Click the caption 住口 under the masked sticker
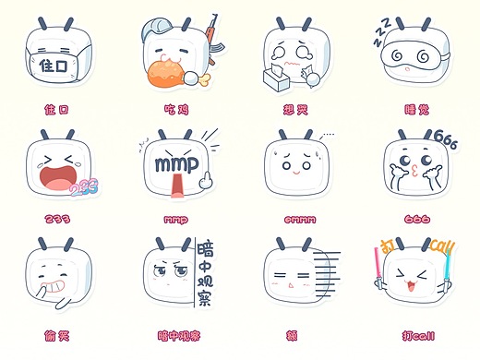(x=56, y=109)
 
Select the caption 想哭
(x=295, y=109)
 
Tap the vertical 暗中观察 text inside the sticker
(x=206, y=272)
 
